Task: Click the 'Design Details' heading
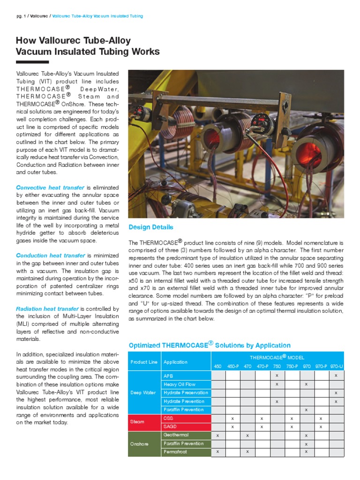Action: [x=151, y=227]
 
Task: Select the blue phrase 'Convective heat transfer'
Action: [x=50, y=187]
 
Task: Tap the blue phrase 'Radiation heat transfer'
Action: [x=47, y=309]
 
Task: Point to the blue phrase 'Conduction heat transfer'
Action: [x=51, y=255]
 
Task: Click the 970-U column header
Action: [x=336, y=366]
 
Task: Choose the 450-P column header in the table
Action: [x=232, y=366]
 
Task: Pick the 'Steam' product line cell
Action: [x=137, y=422]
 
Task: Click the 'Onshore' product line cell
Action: [x=139, y=443]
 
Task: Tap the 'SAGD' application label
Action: [x=169, y=427]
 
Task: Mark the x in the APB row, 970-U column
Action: [x=336, y=375]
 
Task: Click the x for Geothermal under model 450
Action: [x=217, y=435]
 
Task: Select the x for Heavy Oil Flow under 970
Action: [x=306, y=384]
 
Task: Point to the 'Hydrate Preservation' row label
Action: [x=186, y=392]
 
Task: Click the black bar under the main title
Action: [x=32, y=62]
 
